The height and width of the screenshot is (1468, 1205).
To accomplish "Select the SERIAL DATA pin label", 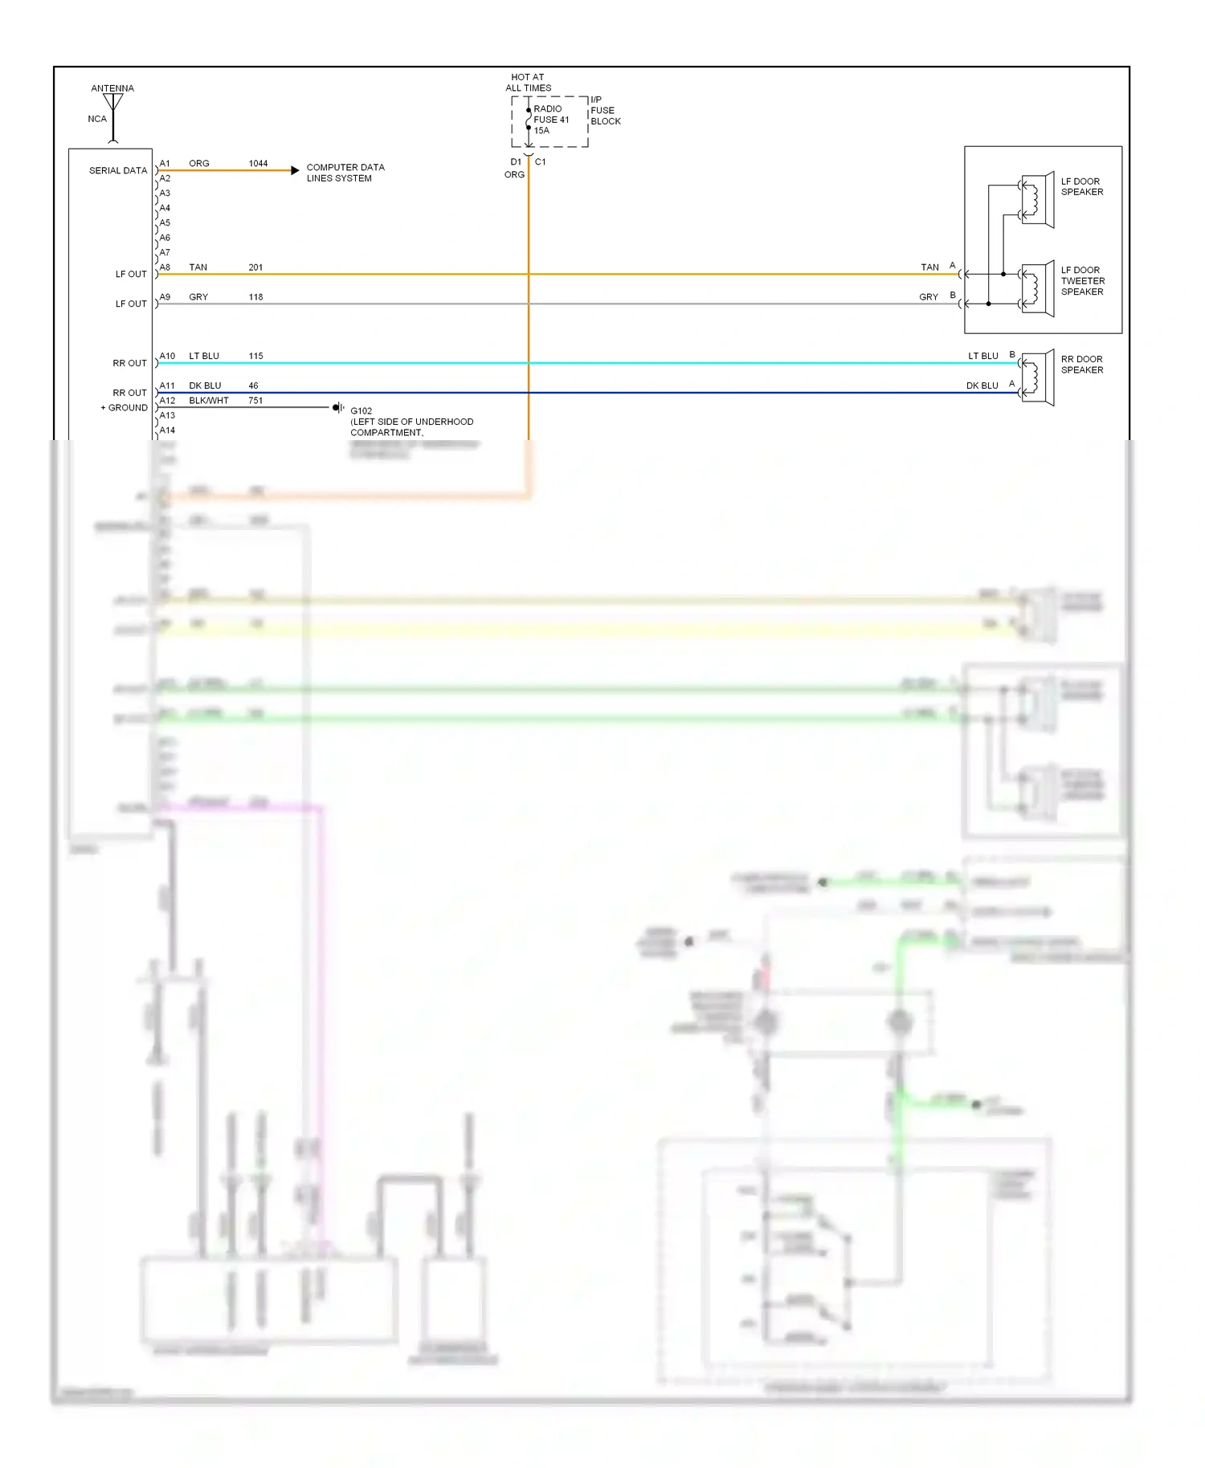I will pos(118,171).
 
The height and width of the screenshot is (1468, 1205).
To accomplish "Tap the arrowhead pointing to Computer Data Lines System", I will pos(295,170).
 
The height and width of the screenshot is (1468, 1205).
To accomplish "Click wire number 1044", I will pos(258,164).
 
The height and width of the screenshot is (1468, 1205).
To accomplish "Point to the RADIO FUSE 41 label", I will pos(551,120).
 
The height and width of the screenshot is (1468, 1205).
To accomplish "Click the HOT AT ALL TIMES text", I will pos(528,83).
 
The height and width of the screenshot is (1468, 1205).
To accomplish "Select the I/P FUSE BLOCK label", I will pos(605,111).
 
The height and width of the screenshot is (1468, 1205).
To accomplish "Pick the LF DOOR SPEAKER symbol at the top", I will pos(1037,200).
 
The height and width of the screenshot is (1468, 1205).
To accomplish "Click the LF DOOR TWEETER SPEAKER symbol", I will pos(1037,289).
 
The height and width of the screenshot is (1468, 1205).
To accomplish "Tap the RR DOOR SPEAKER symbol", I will pos(1037,377).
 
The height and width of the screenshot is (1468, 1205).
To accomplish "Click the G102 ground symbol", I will pos(338,408).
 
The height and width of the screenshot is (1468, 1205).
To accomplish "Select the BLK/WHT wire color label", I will pos(209,401).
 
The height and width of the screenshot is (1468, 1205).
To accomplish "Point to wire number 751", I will pos(255,401).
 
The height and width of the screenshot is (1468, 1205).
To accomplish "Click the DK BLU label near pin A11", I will pos(205,386).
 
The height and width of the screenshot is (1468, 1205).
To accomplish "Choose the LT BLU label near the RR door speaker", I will pos(982,357).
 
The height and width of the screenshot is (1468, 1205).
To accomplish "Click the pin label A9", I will pos(165,297).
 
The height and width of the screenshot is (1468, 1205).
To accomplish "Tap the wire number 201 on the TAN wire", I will pos(255,267).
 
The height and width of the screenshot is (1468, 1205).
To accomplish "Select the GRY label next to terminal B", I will pos(928,297).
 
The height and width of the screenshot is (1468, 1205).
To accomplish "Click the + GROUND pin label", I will pos(125,408).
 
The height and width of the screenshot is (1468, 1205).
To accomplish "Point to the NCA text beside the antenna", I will pos(97,119).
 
